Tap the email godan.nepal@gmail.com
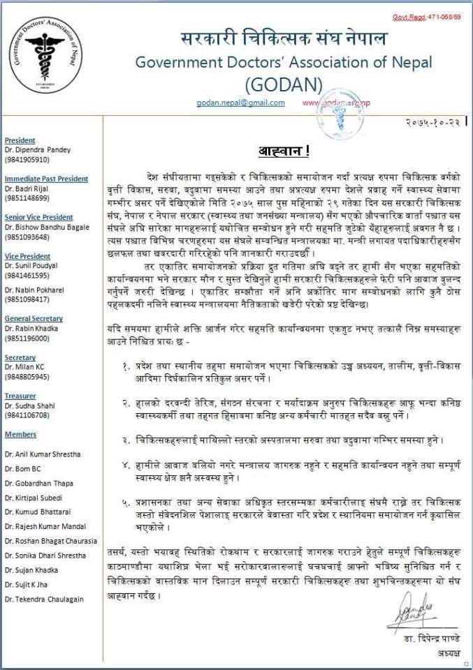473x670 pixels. tap(241, 103)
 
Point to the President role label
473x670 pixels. tap(20, 140)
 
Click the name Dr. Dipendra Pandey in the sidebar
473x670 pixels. tap(38, 150)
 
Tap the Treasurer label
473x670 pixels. tap(20, 395)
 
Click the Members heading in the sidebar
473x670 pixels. tap(20, 434)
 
